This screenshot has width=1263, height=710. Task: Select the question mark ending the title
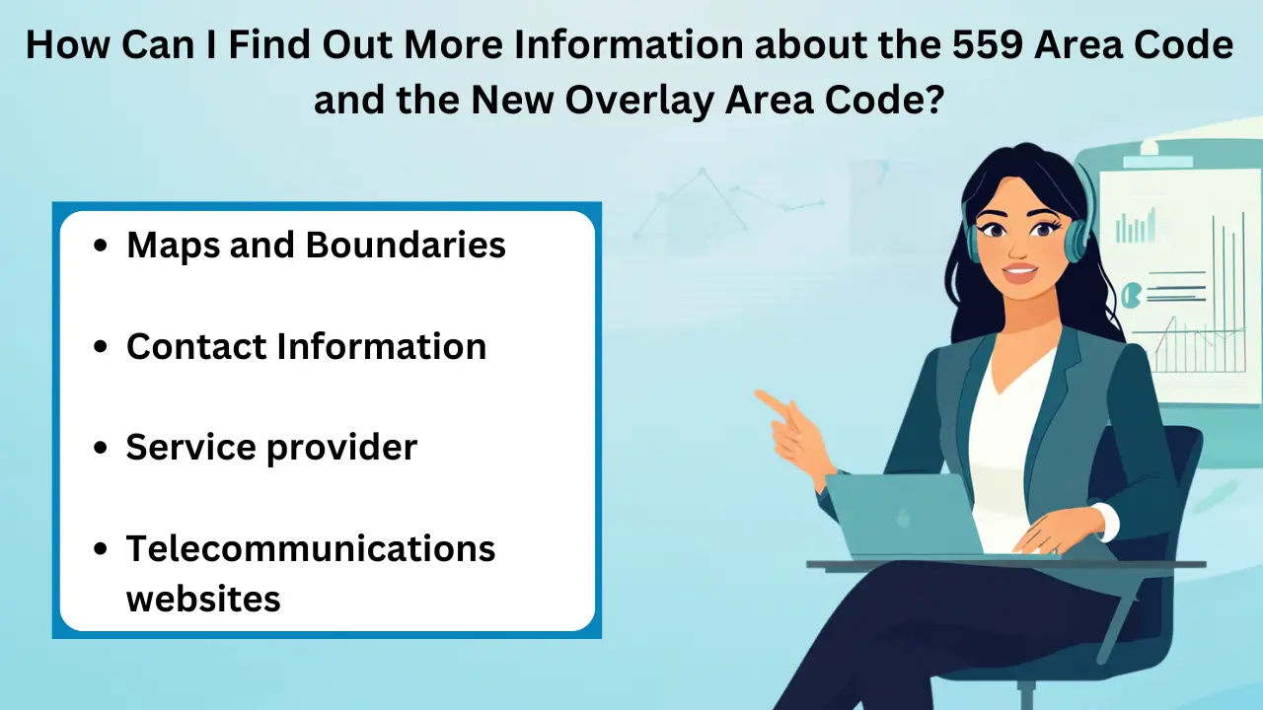coord(935,99)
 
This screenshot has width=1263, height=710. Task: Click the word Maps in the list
coord(174,245)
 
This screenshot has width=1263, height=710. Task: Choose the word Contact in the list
coord(196,346)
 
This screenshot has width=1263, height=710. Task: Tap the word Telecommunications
coord(311,548)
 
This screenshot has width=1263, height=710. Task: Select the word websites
coord(203,598)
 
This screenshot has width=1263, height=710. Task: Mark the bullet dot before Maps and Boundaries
coord(100,246)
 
